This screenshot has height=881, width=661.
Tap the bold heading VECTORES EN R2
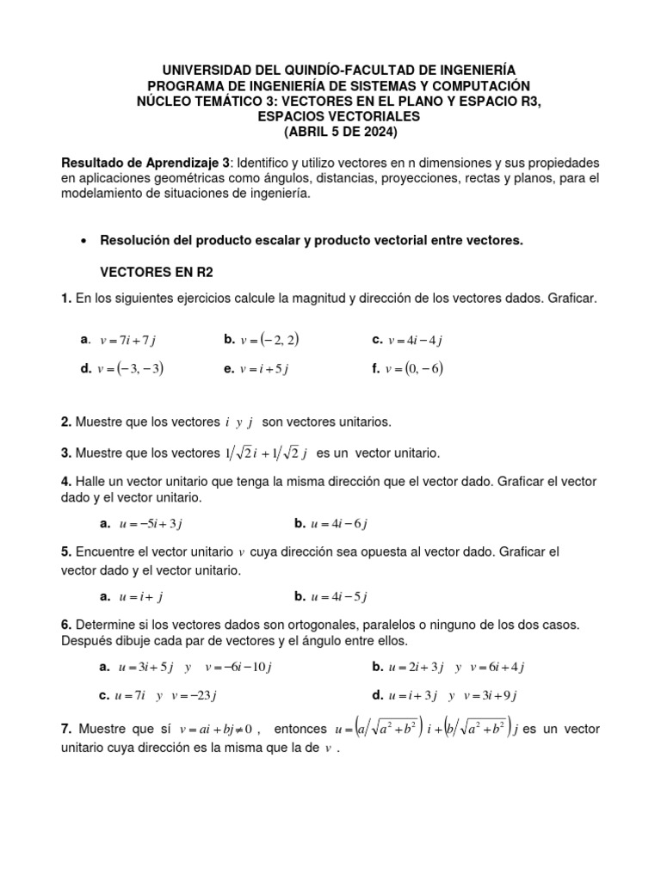(x=157, y=271)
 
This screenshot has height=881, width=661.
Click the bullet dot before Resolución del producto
(x=83, y=242)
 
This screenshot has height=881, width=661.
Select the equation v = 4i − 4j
(x=415, y=341)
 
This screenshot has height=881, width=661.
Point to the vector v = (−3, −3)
(x=131, y=369)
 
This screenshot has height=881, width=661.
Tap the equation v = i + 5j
(x=264, y=370)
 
